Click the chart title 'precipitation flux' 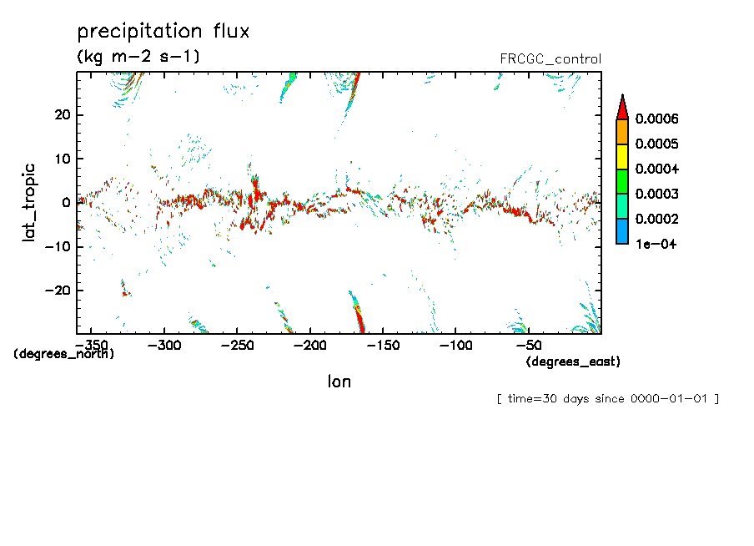click(163, 33)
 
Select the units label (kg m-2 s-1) click(138, 57)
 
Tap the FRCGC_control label click(550, 59)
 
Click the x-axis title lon click(339, 382)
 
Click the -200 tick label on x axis click(310, 345)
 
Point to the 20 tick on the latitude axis click(61, 115)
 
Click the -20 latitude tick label click(57, 291)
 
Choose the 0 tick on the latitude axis click(65, 203)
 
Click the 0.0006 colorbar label click(656, 119)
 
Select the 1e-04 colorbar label click(655, 245)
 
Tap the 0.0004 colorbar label click(656, 169)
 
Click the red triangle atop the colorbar click(621, 107)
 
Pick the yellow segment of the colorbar click(621, 157)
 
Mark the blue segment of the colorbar click(621, 232)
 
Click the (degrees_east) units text click(573, 361)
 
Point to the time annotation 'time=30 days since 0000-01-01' click(607, 399)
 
